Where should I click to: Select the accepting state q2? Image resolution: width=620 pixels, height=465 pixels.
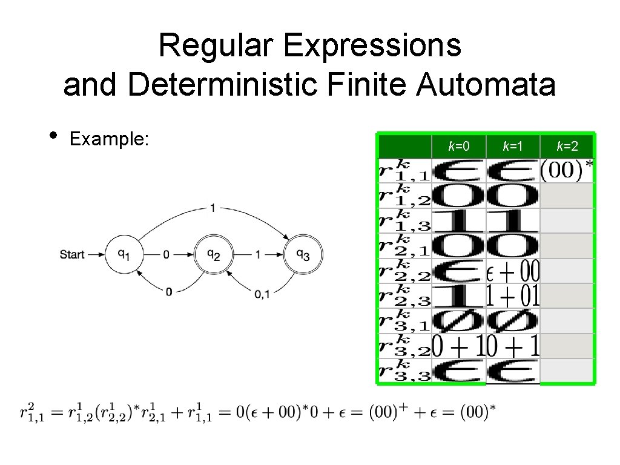[214, 254]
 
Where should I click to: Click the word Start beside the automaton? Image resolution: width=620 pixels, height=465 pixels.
[72, 255]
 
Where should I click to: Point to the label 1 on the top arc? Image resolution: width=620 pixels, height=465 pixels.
[212, 208]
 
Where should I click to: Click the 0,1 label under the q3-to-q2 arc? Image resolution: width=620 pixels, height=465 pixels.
[262, 295]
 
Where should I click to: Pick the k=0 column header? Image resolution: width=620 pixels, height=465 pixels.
[459, 146]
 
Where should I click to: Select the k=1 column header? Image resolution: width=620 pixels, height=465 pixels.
[513, 146]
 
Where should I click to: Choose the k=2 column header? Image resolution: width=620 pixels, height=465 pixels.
[567, 146]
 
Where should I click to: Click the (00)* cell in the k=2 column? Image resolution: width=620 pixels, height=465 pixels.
[567, 170]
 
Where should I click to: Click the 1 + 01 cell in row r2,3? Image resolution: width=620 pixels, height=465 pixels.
[513, 295]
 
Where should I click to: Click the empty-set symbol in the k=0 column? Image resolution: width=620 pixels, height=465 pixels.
[459, 321]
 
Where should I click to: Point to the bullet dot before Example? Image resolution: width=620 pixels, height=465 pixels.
[54, 134]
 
